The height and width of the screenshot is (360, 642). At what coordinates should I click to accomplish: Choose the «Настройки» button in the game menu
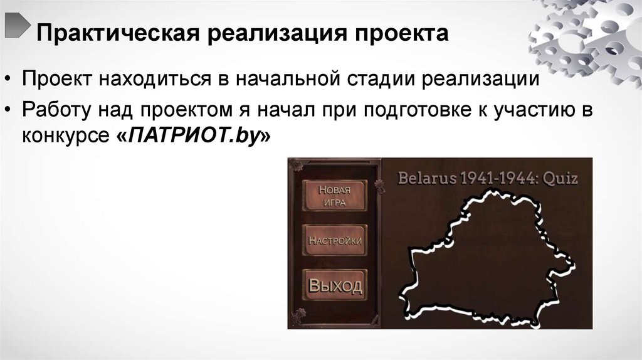pos(335,240)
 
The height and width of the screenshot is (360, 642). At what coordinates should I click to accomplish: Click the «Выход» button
pos(335,286)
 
